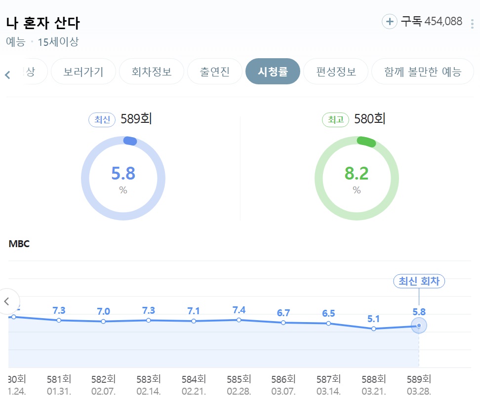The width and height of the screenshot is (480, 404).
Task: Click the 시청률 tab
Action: pyautogui.click(x=273, y=72)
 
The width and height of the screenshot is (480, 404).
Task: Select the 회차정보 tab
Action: pyautogui.click(x=152, y=72)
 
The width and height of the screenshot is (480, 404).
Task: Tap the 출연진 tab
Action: pyautogui.click(x=215, y=72)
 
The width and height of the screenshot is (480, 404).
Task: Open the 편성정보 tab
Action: pyautogui.click(x=336, y=72)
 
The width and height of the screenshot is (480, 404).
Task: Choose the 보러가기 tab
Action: pyautogui.click(x=83, y=72)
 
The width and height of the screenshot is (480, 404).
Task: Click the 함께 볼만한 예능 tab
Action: pyautogui.click(x=422, y=72)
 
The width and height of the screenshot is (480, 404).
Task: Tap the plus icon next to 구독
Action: pyautogui.click(x=390, y=22)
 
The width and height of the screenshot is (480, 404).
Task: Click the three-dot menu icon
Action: pyautogui.click(x=472, y=24)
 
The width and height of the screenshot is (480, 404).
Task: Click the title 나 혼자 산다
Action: pyautogui.click(x=43, y=23)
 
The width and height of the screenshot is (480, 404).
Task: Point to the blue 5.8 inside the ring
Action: pyautogui.click(x=123, y=174)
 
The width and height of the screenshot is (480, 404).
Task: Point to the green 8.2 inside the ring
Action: pyautogui.click(x=357, y=174)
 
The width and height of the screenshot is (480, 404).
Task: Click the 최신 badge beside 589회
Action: pyautogui.click(x=102, y=119)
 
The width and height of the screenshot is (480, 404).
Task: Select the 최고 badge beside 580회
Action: pyautogui.click(x=336, y=119)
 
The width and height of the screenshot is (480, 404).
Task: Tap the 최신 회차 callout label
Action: pyautogui.click(x=419, y=281)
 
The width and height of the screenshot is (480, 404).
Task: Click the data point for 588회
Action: pyautogui.click(x=374, y=329)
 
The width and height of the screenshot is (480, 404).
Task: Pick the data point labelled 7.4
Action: pyautogui.click(x=239, y=320)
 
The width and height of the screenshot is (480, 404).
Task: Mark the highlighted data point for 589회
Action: pyautogui.click(x=419, y=326)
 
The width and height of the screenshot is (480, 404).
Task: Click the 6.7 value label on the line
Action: pyautogui.click(x=283, y=313)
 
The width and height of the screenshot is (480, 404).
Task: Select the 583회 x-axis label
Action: pyautogui.click(x=149, y=379)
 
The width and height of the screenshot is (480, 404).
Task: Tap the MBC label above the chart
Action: pyautogui.click(x=19, y=244)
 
